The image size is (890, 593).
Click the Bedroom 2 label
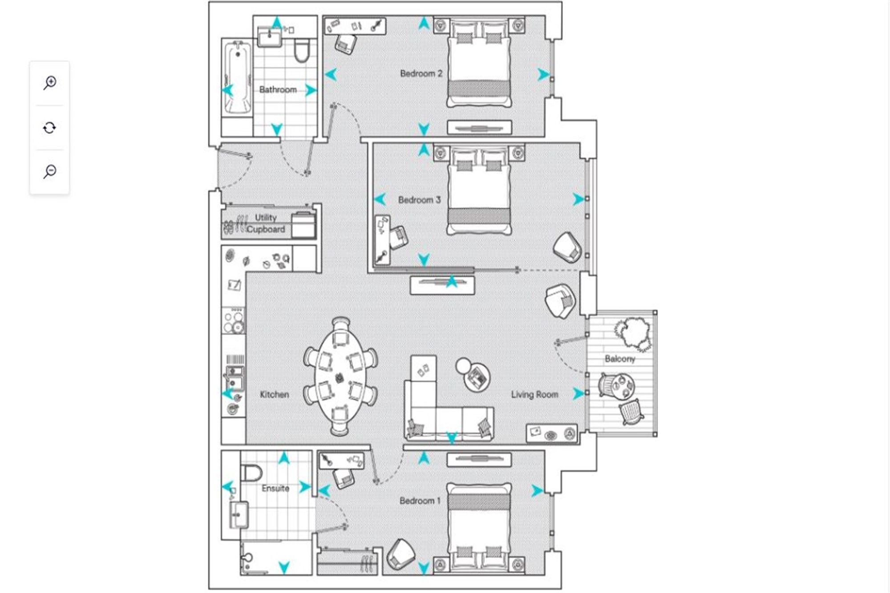[x=421, y=74]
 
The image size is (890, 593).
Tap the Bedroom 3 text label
[x=419, y=200]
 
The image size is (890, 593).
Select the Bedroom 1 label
[x=420, y=501]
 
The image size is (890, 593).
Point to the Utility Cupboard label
[x=266, y=223]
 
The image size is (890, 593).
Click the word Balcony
[x=619, y=359]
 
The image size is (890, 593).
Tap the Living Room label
[x=534, y=395]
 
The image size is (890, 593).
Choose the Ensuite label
[x=275, y=488]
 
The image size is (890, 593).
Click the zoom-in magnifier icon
[x=50, y=83]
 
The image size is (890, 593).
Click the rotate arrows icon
[x=49, y=128]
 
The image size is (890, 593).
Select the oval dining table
[x=341, y=376]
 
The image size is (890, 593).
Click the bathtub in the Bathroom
[x=237, y=78]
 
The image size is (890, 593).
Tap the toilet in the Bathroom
[x=302, y=50]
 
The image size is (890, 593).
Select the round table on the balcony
[x=622, y=385]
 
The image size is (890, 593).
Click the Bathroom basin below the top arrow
[x=269, y=37]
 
